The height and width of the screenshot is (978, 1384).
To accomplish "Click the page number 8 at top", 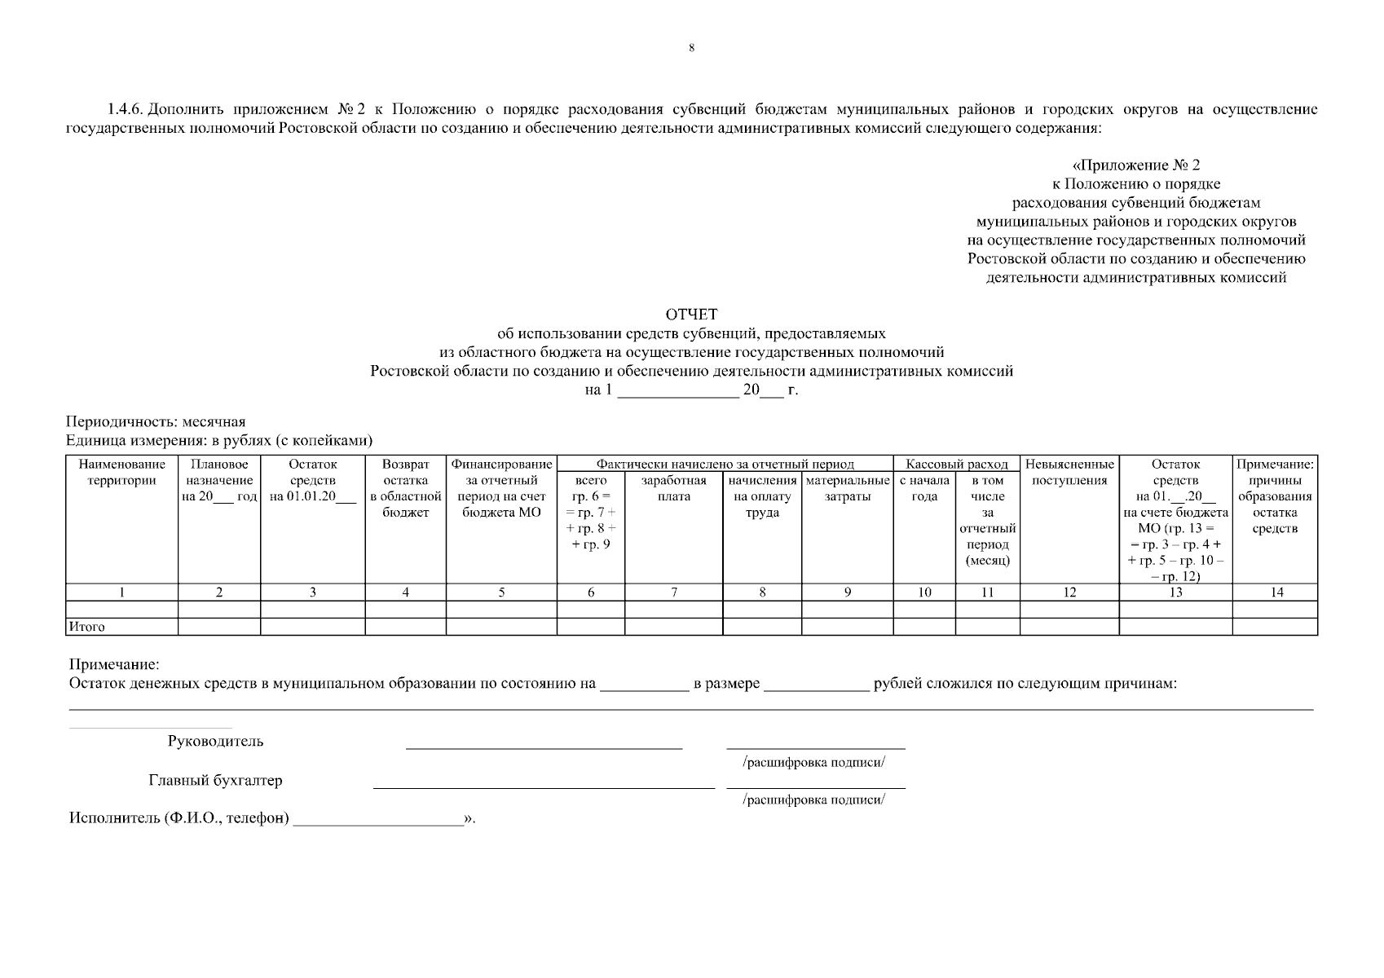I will pyautogui.click(x=691, y=48).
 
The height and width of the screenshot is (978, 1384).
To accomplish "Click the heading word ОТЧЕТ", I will pyautogui.click(x=691, y=315).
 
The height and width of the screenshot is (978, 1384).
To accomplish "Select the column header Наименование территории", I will pyautogui.click(x=121, y=472).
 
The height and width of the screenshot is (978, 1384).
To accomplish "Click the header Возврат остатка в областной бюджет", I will pyautogui.click(x=405, y=488).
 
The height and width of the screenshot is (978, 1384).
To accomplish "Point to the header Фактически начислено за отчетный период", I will pyautogui.click(x=725, y=464).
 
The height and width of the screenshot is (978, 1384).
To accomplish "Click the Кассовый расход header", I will pyautogui.click(x=956, y=464).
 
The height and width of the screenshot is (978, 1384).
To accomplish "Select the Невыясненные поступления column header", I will pyautogui.click(x=1069, y=472).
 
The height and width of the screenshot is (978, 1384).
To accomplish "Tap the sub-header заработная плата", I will pyautogui.click(x=673, y=488).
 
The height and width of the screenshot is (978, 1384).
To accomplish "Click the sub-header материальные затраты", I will pyautogui.click(x=847, y=488).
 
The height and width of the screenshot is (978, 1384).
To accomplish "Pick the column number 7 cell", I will pyautogui.click(x=673, y=593).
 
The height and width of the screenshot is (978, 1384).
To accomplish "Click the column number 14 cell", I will pyautogui.click(x=1276, y=593).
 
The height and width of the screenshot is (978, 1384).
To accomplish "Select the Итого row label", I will pyautogui.click(x=86, y=627).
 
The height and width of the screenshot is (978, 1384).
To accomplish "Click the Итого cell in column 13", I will pyautogui.click(x=1175, y=626).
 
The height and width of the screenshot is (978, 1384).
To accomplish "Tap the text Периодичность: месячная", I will pyautogui.click(x=156, y=422).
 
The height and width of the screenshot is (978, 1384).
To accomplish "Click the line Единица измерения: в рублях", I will pyautogui.click(x=218, y=441).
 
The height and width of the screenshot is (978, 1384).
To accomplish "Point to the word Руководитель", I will pyautogui.click(x=215, y=741).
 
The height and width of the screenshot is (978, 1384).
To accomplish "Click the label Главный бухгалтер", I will pyautogui.click(x=215, y=780).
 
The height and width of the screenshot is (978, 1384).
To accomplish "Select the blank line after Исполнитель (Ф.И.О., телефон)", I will pyautogui.click(x=377, y=819).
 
